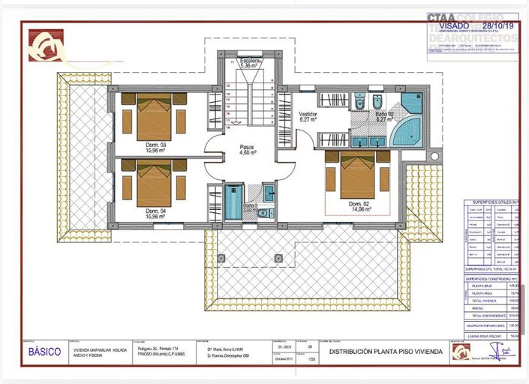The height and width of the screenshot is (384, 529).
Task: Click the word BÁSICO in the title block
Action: coord(45,351)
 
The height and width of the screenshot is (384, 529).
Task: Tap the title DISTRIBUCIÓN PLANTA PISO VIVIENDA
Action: coord(387,351)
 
